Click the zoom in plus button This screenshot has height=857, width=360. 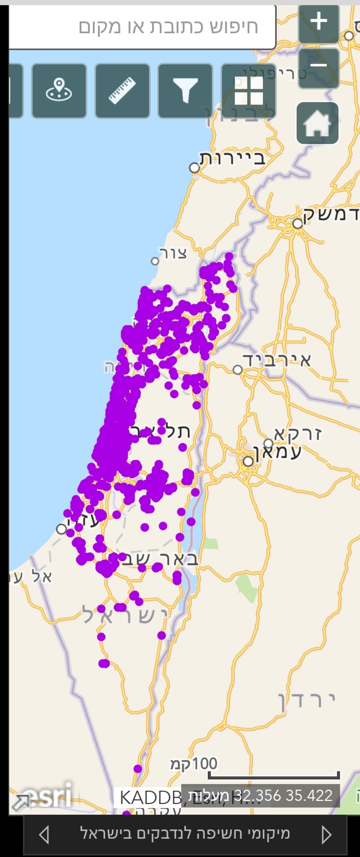[x=319, y=21]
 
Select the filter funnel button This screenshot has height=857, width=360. [x=185, y=90]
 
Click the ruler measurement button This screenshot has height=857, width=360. [x=123, y=90]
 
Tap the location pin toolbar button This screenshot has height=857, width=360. [x=59, y=90]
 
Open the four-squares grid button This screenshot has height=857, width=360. [x=249, y=90]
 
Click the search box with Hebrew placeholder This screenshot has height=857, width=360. [x=143, y=27]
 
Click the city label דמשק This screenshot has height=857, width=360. [x=331, y=214]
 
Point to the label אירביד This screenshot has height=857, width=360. [x=277, y=360]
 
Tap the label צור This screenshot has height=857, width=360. [x=173, y=253]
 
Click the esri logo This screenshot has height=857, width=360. [x=49, y=796]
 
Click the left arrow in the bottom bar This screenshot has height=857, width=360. [x=44, y=835]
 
